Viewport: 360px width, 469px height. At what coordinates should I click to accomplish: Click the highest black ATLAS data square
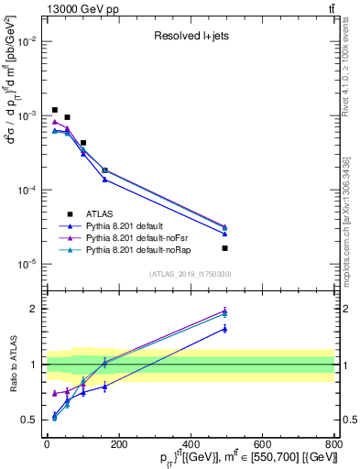(55, 110)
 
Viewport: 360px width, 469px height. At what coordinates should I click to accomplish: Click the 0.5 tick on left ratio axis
(32, 420)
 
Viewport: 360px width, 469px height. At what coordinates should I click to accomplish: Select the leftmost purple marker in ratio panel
(55, 394)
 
